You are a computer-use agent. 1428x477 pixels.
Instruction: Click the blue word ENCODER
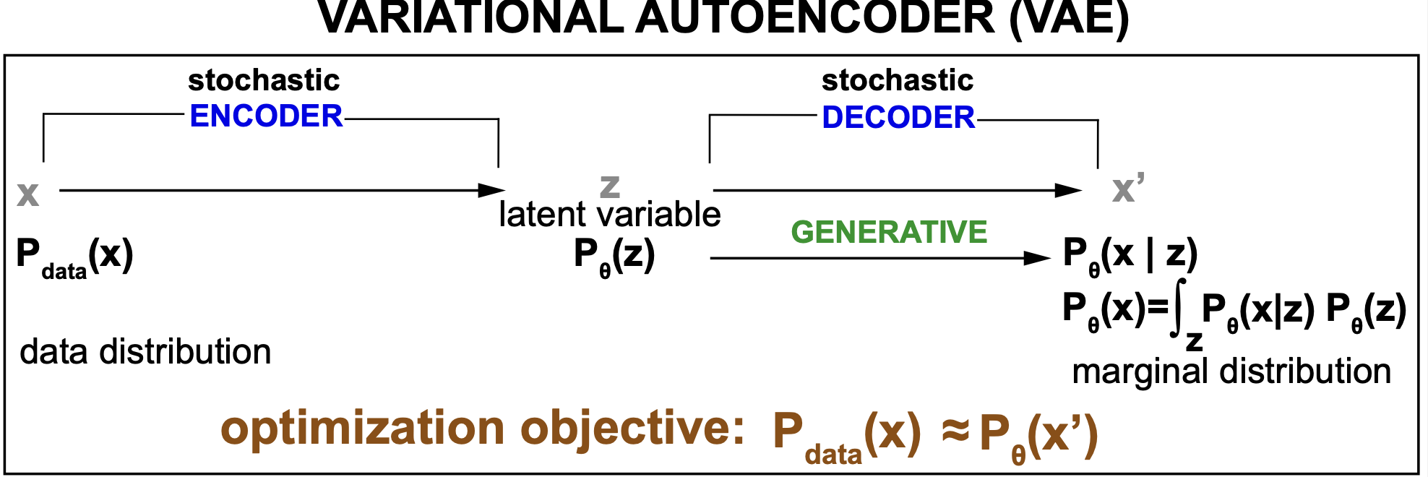(266, 116)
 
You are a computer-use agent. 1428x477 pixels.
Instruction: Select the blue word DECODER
(898, 118)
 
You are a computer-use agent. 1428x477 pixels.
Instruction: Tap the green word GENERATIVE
(889, 232)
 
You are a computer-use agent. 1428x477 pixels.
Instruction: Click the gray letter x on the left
(28, 194)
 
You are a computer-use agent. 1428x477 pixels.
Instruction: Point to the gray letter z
(610, 186)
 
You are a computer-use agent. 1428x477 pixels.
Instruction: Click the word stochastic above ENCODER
(264, 80)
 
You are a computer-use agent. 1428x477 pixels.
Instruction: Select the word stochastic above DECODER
(898, 80)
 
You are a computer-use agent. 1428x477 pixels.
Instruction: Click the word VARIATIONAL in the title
(470, 18)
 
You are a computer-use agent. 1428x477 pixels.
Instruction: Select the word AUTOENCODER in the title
(815, 18)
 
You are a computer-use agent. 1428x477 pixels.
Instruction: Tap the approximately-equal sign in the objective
(955, 432)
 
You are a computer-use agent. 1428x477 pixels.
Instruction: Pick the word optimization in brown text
(362, 429)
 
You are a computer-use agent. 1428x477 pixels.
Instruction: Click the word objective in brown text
(632, 429)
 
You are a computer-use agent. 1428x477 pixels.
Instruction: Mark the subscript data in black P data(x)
(64, 272)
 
